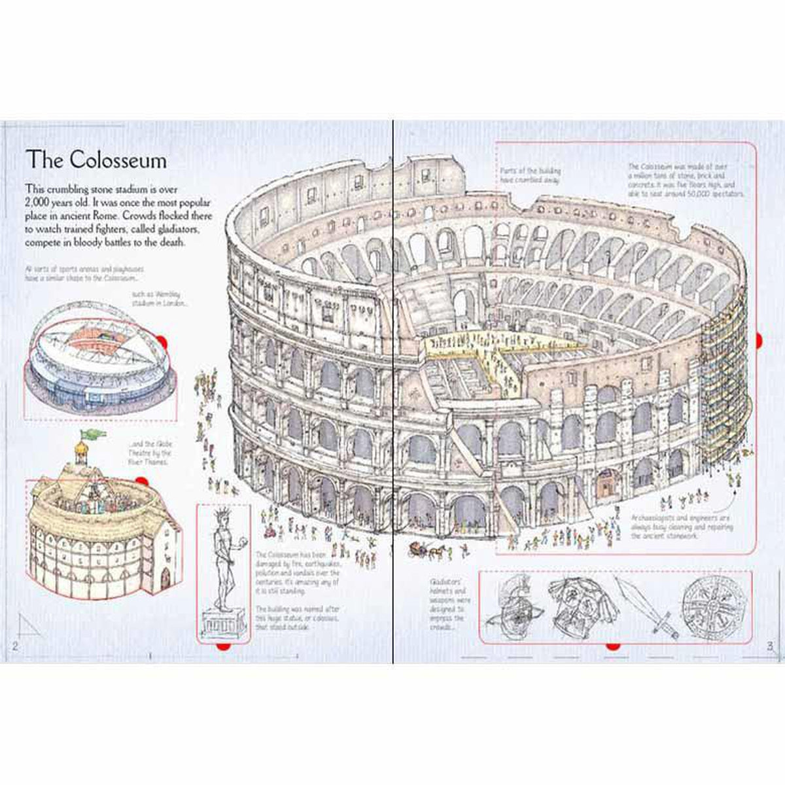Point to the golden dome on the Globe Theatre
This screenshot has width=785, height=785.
[81, 449]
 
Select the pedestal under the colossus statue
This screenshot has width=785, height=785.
[222, 623]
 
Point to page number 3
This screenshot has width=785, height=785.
[771, 646]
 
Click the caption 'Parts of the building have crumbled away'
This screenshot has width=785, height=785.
[530, 176]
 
